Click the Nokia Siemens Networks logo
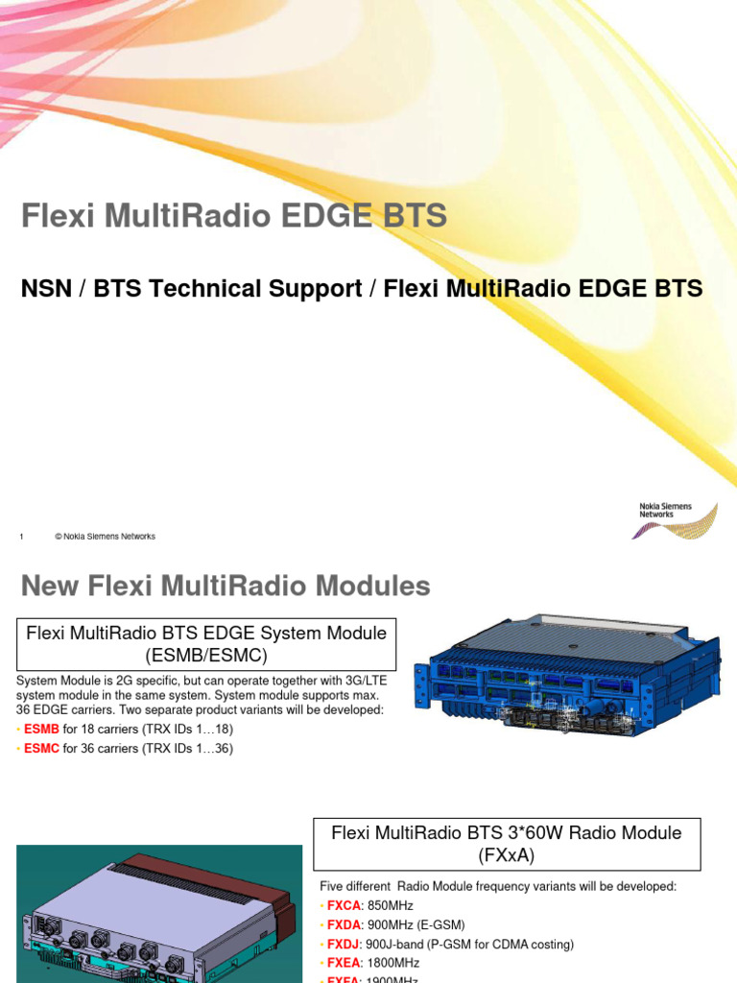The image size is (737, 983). [677, 518]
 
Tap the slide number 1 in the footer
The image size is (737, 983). [21, 537]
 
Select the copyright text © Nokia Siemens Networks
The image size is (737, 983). [106, 537]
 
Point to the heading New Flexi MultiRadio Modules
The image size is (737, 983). [226, 586]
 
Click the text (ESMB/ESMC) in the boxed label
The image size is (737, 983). [206, 656]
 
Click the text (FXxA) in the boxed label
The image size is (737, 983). [507, 854]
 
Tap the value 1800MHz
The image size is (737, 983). [393, 963]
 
